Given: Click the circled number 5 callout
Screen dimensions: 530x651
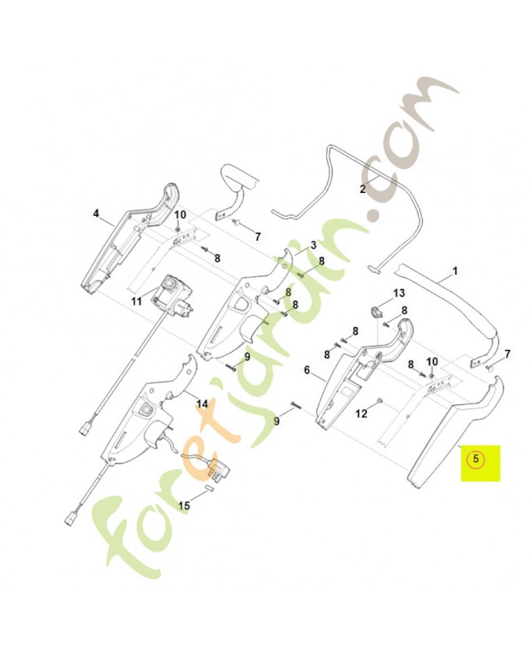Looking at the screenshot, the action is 476,459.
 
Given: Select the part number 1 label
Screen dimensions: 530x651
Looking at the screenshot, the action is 455,271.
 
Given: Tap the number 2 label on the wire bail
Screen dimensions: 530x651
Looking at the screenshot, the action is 363,190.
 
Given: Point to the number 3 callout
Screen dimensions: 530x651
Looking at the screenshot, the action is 313,246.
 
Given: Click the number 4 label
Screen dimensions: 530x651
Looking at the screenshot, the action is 96,214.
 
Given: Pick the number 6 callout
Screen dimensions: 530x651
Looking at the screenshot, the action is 307,370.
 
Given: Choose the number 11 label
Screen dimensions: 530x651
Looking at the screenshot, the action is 137,301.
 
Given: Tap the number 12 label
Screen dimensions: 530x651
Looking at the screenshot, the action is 362,414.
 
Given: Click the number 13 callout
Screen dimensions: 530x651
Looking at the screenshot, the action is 398,294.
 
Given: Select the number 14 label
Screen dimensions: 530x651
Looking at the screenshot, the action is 202,404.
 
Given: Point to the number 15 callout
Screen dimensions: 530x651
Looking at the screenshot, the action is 185,505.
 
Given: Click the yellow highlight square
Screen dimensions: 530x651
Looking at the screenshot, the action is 480,463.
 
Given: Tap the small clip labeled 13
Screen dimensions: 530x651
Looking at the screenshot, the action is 375,311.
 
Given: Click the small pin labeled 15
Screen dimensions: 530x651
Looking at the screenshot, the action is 208,487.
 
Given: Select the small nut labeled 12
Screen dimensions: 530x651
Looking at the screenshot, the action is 380,400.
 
